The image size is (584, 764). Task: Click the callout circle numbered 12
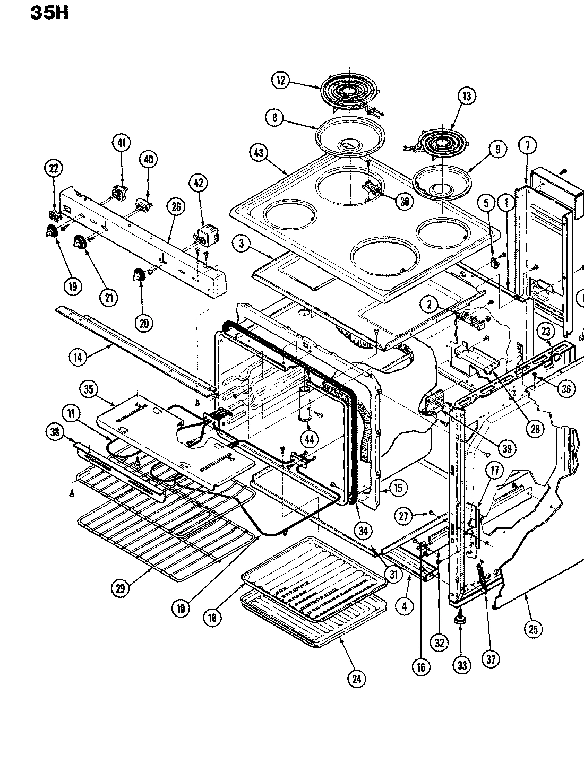(x=281, y=81)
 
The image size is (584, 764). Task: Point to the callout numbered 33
(x=461, y=665)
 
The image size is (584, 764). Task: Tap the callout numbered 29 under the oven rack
(x=120, y=587)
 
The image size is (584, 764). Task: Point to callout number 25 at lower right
(x=533, y=629)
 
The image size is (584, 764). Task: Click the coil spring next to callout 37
(x=484, y=581)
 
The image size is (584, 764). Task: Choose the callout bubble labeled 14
(x=78, y=357)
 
